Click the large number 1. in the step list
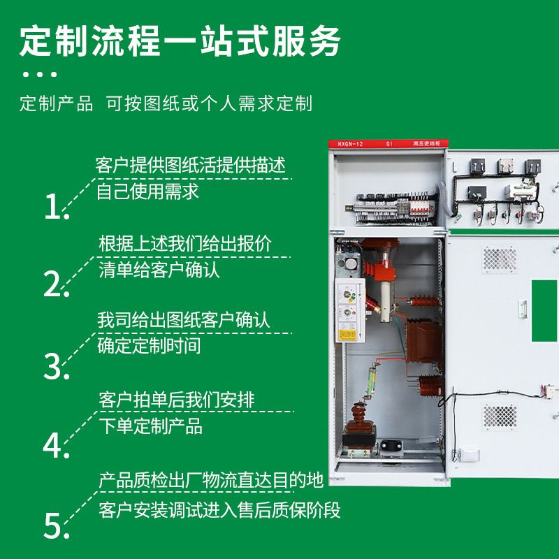(x=57, y=206)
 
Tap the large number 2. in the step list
(x=57, y=284)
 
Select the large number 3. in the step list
(x=57, y=366)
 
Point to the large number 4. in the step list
(x=56, y=445)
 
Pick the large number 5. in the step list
(x=57, y=525)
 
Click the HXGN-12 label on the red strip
(x=350, y=144)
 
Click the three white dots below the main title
(x=40, y=74)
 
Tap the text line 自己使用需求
(x=147, y=191)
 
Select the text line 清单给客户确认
(x=159, y=270)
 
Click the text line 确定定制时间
(x=149, y=345)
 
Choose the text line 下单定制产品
(x=150, y=426)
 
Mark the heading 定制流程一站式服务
(x=180, y=41)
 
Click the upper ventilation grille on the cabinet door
(x=500, y=259)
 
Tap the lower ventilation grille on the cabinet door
(x=500, y=416)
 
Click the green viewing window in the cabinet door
(x=544, y=310)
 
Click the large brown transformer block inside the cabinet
(x=424, y=340)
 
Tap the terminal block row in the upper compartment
(x=391, y=208)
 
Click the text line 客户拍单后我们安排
(x=177, y=400)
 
